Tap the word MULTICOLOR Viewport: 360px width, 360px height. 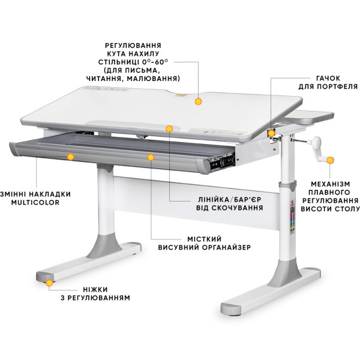point(35,203)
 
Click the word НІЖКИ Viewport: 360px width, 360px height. point(95,289)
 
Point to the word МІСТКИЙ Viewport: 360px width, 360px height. point(205,239)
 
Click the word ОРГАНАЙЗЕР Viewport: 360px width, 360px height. point(227,247)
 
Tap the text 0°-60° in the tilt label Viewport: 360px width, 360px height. point(155,62)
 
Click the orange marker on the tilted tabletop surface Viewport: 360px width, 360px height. point(198,101)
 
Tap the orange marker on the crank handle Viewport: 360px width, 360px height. point(330,160)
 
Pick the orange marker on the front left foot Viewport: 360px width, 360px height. point(49,283)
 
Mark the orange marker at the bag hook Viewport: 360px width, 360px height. point(271,133)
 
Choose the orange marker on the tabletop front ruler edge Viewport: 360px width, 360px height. point(169,129)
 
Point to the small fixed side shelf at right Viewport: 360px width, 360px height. point(310,118)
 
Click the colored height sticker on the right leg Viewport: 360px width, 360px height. point(292,217)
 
